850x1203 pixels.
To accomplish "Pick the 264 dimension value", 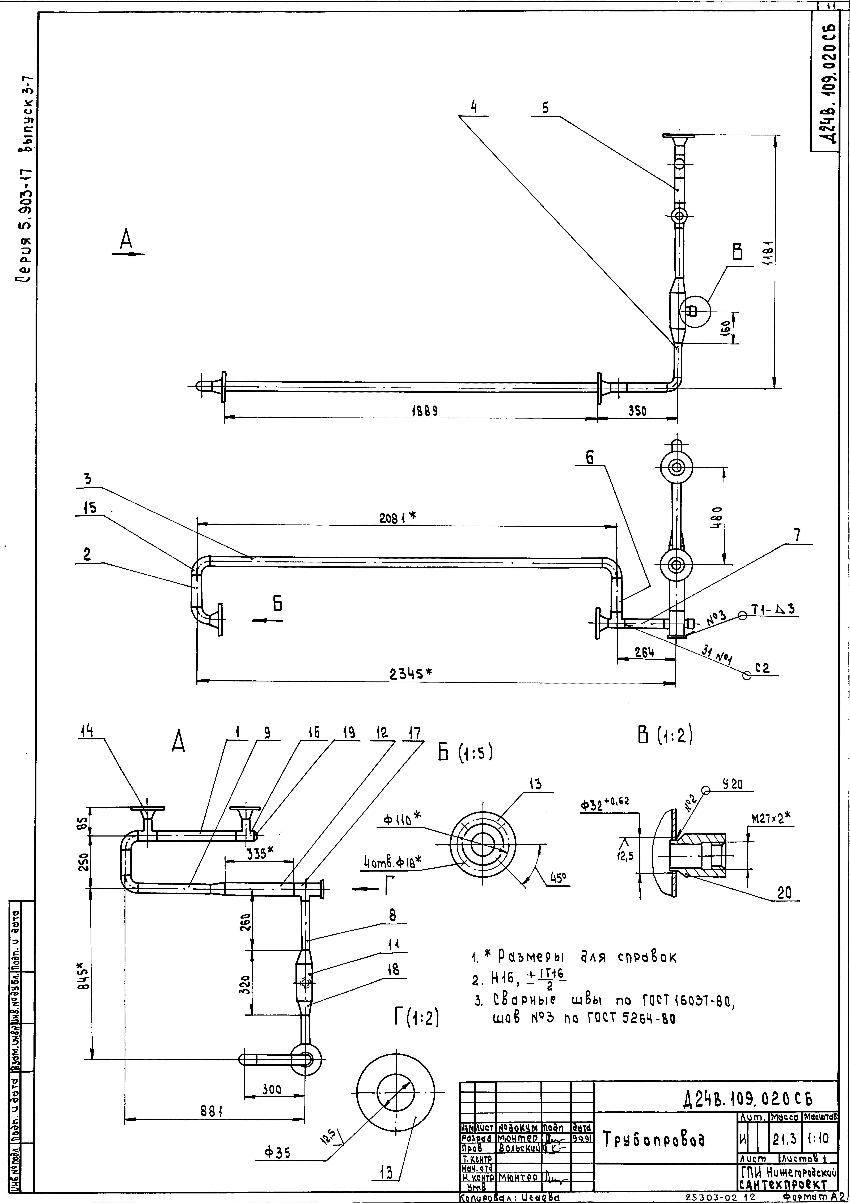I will (644, 652).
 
